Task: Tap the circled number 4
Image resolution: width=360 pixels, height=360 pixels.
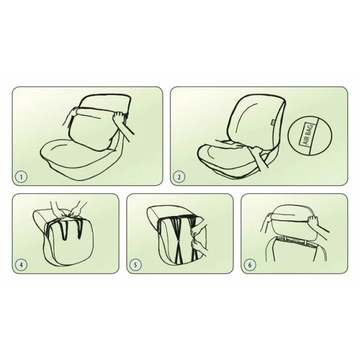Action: click(x=22, y=264)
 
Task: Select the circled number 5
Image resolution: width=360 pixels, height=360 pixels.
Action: click(x=136, y=264)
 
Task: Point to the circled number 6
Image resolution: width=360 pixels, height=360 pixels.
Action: click(x=250, y=264)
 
